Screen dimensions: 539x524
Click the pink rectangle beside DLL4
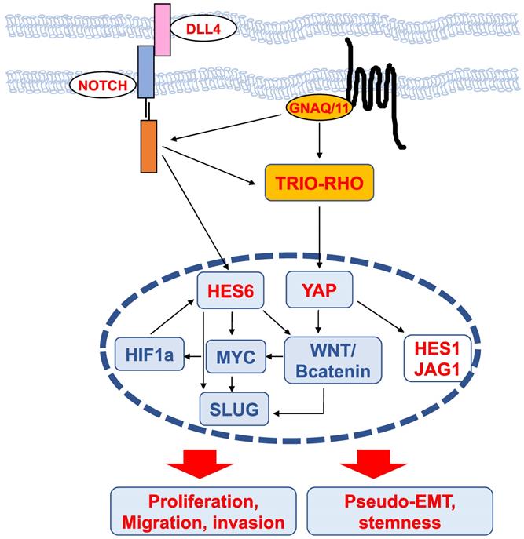tap(162, 30)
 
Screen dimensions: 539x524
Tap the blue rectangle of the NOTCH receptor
tap(146, 71)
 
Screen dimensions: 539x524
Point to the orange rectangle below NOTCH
tap(148, 146)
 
